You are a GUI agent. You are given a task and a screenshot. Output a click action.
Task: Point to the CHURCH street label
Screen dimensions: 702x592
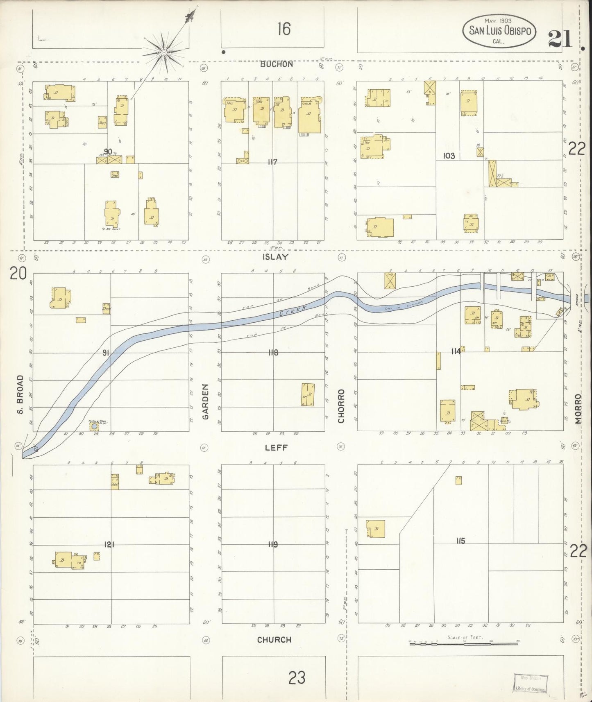tap(274, 640)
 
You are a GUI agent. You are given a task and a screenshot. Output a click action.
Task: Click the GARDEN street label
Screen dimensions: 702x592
tap(206, 401)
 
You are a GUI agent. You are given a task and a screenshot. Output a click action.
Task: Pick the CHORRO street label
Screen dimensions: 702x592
tap(341, 406)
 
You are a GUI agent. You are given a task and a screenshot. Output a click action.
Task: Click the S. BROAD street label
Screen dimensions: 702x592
tap(20, 394)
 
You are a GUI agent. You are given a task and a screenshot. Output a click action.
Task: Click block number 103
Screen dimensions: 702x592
tap(449, 156)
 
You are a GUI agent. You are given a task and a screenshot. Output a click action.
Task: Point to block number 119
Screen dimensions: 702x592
tap(272, 544)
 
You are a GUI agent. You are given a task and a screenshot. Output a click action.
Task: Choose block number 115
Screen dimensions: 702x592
tap(460, 541)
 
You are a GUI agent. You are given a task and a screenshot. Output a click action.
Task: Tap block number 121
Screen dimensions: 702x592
tap(109, 544)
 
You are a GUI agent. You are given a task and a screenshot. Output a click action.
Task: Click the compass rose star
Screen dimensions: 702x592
tap(163, 52)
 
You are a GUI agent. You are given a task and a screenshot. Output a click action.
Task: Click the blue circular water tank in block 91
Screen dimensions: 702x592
tap(95, 426)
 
